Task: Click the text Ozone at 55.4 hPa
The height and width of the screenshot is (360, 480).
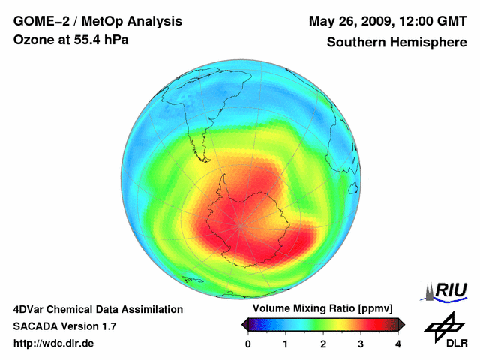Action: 71,39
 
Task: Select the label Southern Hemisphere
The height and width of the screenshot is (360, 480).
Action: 397,43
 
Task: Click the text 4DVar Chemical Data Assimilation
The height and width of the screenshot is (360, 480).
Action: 98,309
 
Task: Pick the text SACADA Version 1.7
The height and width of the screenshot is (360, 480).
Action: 64,326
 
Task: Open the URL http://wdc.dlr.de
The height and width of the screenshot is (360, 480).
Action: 54,343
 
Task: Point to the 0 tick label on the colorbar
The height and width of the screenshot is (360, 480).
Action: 248,343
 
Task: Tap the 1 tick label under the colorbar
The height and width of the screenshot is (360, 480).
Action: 286,343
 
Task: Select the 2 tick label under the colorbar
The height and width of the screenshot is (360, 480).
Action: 323,343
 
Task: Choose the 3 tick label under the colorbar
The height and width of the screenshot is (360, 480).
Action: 361,343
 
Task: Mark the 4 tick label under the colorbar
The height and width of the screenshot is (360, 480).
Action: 398,343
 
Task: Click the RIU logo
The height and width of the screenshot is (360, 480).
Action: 448,291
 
